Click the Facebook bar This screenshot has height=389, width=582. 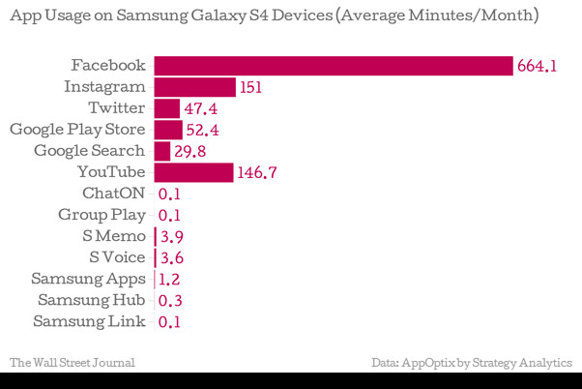tap(333, 66)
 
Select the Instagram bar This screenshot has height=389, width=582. tap(194, 87)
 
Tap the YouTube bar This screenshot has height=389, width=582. tap(193, 172)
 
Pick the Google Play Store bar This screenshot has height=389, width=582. tap(167, 130)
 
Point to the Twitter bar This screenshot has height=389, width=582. tap(166, 108)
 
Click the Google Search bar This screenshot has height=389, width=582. tap(161, 151)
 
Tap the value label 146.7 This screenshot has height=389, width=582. tap(257, 173)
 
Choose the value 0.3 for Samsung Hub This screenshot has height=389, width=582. tap(170, 301)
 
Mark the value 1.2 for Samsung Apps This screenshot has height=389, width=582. tap(170, 280)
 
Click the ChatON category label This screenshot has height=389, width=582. tap(114, 193)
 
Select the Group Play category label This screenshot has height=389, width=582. tap(102, 215)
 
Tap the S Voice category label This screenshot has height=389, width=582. tap(116, 257)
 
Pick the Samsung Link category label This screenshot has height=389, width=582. tap(89, 321)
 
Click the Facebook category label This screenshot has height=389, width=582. tap(107, 66)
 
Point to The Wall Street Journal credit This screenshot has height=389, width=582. tap(72, 363)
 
